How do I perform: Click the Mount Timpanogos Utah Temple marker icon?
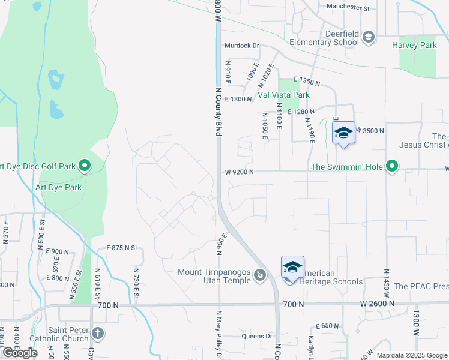tap(260, 275)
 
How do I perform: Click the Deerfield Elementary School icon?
tap(368, 38)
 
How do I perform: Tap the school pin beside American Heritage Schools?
tap(292, 268)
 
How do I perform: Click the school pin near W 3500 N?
tap(344, 133)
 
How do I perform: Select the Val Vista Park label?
tap(283, 95)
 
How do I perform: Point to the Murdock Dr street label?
tap(241, 45)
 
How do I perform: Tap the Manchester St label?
tap(348, 7)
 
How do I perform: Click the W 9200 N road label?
tap(240, 172)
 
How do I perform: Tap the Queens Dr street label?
tap(257, 336)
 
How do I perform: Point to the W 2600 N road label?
tap(377, 304)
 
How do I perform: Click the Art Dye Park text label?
tap(59, 187)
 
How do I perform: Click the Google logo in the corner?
tap(20, 353)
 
